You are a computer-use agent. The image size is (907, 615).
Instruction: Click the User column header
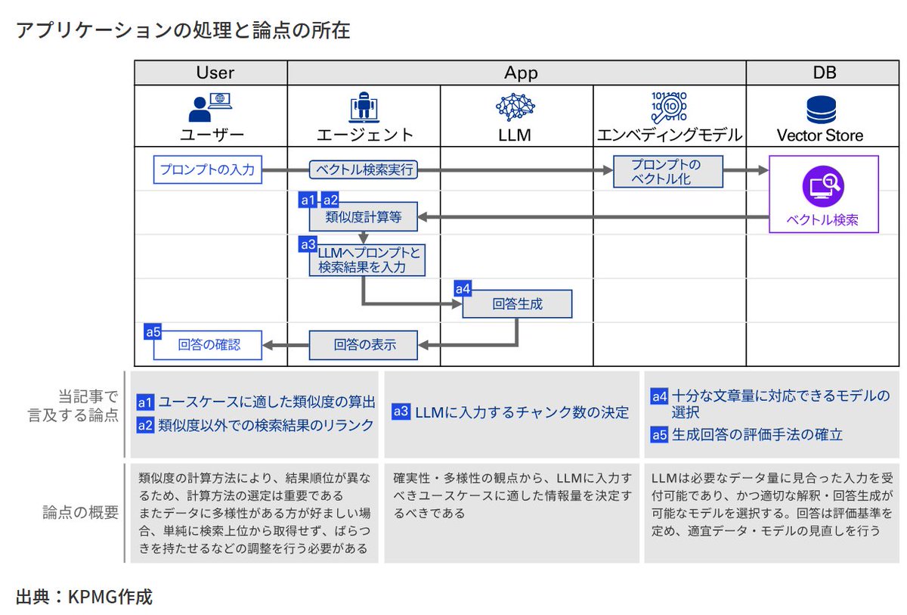(215, 73)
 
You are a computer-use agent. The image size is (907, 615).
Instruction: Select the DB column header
(824, 73)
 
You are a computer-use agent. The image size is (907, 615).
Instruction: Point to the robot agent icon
(364, 108)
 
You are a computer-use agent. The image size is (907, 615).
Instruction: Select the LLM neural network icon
(515, 107)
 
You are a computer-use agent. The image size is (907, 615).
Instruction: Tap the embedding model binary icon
(668, 107)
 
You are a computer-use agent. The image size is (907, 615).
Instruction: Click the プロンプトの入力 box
(207, 169)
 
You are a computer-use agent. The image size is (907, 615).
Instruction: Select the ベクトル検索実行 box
(364, 169)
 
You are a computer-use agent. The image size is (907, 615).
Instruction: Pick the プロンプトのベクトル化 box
(667, 171)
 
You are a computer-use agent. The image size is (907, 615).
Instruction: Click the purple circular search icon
(823, 186)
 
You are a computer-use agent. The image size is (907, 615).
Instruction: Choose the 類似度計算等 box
(364, 218)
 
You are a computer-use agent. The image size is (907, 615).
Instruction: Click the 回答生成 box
(517, 304)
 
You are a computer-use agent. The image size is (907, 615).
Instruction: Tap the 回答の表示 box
(364, 345)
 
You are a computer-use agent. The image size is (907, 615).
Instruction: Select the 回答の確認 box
(208, 345)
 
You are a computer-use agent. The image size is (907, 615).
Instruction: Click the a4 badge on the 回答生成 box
(463, 288)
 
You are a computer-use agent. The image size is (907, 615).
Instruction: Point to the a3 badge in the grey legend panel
(401, 412)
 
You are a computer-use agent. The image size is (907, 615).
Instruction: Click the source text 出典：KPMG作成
(84, 597)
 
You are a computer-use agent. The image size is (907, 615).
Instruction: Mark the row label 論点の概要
(81, 512)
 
